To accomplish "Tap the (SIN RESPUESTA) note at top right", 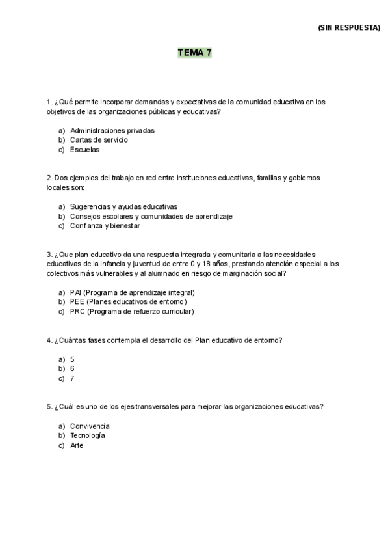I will coord(349,28).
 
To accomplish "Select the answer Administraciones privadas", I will coord(112,130).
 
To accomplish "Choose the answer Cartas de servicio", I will coord(99,140).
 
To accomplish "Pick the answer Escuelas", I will coord(85,150).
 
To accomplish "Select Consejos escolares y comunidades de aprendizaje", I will coord(151,217).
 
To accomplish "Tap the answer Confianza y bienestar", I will coord(105,227).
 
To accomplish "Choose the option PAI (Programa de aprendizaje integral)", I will coord(132,293).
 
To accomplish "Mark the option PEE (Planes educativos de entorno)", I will coord(128,302).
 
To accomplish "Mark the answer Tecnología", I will coord(88,435).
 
